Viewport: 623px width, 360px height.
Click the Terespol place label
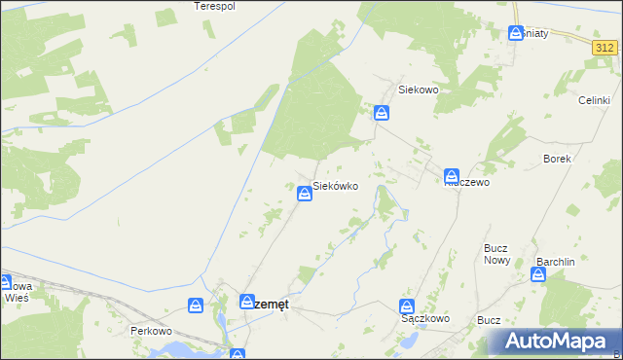pos(215,6)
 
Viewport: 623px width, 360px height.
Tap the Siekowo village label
pos(421,90)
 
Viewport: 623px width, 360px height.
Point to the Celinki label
pos(594,100)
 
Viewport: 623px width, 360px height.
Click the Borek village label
pos(558,158)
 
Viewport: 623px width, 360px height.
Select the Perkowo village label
pos(151,331)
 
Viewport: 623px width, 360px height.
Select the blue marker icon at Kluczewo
pos(453,176)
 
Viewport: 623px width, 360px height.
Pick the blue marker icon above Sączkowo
pos(409,305)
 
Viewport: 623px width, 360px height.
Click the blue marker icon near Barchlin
pos(538,274)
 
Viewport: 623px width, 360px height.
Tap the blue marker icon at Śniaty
pos(517,33)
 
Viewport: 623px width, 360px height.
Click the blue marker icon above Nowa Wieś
pos(4,283)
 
